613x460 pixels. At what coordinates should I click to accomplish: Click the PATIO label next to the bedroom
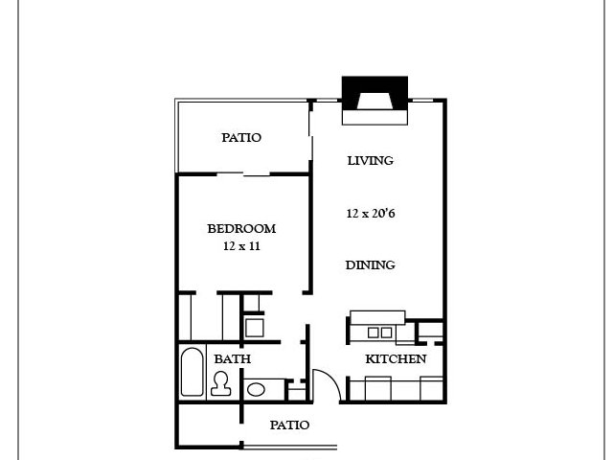241,137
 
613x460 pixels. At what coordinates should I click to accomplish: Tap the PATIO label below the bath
289,425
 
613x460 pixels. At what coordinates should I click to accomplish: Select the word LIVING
371,160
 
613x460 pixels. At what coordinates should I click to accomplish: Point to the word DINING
371,264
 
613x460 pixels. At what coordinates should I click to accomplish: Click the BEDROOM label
241,228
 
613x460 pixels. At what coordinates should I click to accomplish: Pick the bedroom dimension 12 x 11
241,246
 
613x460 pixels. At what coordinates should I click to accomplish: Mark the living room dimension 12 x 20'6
371,213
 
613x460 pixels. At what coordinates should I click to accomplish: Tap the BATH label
232,358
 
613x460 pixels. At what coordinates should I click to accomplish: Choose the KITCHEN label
396,358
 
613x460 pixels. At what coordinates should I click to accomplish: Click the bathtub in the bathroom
192,372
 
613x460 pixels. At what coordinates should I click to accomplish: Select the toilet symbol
220,383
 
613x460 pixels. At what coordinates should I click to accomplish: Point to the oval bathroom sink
256,390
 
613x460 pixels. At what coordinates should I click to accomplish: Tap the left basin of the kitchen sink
373,333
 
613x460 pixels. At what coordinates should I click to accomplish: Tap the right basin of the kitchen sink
386,333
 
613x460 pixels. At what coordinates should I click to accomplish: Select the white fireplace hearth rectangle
375,117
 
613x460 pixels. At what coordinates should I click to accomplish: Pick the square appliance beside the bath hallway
254,328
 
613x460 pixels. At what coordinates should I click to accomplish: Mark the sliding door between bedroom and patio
243,174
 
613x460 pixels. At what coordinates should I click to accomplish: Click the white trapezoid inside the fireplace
375,102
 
